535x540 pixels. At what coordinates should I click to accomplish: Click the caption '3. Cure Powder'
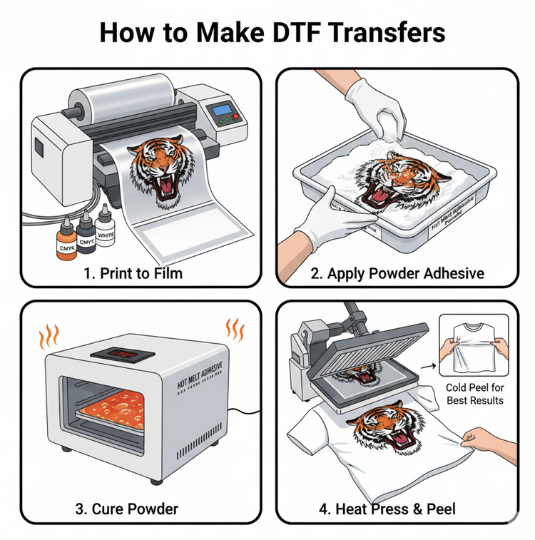pos(127,509)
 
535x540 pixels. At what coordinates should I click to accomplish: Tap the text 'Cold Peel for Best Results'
pos(475,393)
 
